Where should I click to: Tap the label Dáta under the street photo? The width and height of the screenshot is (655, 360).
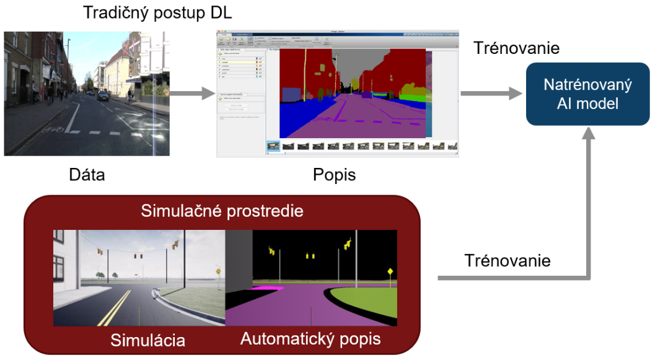click(x=87, y=175)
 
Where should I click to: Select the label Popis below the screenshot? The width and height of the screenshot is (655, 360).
click(x=335, y=175)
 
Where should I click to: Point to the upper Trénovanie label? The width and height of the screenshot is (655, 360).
click(x=516, y=48)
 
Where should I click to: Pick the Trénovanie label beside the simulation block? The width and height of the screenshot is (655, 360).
click(x=508, y=260)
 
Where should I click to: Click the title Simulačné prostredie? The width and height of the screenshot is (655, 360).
click(x=222, y=211)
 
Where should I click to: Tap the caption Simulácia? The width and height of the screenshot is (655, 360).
click(x=147, y=340)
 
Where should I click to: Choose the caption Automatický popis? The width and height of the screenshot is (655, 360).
click(x=310, y=339)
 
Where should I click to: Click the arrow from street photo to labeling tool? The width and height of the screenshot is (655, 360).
click(x=188, y=94)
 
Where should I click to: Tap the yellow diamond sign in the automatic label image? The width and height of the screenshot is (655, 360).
click(x=390, y=271)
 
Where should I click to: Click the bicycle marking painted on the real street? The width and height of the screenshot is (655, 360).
click(x=53, y=130)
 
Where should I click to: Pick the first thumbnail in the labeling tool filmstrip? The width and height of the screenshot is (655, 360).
click(x=273, y=146)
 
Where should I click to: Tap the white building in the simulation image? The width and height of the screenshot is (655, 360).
click(x=64, y=260)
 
